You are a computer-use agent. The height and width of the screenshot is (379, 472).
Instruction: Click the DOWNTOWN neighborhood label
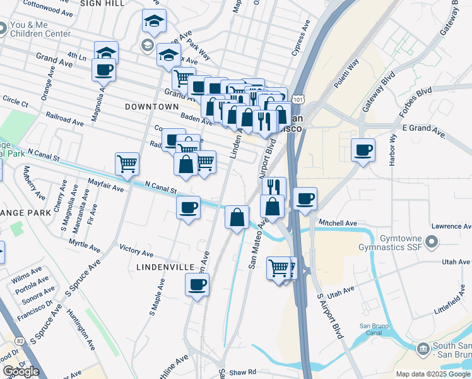148,107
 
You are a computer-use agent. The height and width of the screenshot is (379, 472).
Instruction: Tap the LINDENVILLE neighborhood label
165,267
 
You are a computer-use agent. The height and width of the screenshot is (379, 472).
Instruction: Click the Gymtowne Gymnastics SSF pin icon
432,241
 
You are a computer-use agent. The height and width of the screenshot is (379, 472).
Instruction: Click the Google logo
21,371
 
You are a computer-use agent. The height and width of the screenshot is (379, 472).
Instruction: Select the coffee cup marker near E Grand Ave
363,151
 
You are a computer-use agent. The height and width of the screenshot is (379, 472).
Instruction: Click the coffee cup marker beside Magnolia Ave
103,70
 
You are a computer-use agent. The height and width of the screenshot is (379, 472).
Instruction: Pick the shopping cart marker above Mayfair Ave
127,164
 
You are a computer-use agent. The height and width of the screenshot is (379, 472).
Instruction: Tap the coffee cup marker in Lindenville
197,284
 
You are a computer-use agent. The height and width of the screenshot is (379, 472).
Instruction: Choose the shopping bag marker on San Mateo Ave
237,217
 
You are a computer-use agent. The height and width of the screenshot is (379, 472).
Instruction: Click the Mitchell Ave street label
338,223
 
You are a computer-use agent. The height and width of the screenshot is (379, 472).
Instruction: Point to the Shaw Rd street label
242,371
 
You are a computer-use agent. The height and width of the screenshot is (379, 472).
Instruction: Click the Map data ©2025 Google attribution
433,374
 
